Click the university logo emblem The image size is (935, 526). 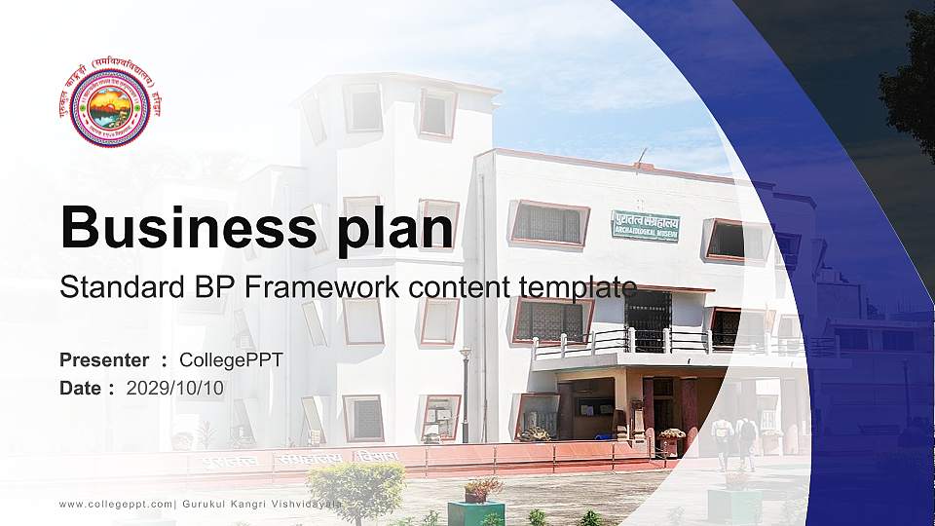(110, 103)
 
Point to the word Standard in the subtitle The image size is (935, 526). (112, 287)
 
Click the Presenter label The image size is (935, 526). (104, 360)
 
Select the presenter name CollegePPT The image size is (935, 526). (231, 360)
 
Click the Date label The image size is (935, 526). (81, 388)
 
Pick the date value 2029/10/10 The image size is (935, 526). (175, 388)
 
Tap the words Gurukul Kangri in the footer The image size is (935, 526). (226, 503)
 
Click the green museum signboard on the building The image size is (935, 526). (645, 226)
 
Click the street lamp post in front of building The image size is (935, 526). (466, 394)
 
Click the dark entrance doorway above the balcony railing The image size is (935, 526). (647, 317)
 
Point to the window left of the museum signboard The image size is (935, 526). (548, 224)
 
